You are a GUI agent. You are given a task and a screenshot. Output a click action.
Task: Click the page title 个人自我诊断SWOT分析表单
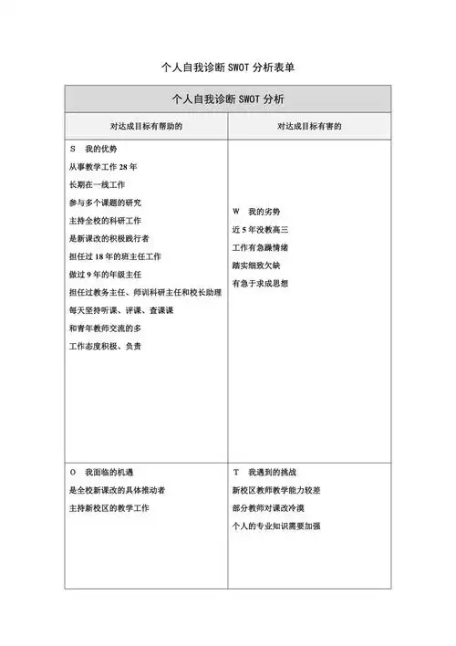[228, 68]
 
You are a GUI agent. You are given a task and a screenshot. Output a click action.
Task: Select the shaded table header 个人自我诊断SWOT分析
[228, 99]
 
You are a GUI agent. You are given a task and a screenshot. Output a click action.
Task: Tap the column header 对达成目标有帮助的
[146, 126]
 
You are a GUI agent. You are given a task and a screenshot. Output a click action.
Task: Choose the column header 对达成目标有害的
[309, 126]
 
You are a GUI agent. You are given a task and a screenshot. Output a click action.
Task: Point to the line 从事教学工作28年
[103, 168]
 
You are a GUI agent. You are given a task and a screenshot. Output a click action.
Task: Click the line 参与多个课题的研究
[106, 203]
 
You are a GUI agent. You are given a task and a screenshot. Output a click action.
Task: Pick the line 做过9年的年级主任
[106, 275]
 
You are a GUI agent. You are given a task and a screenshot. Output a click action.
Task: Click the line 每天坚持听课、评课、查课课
[121, 310]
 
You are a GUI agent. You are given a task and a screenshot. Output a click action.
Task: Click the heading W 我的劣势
[263, 212]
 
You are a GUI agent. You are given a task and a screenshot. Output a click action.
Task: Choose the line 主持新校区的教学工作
[109, 508]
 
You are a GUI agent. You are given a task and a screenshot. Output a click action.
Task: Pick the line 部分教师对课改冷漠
[275, 508]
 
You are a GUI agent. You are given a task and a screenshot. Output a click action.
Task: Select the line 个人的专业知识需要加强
[282, 526]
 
